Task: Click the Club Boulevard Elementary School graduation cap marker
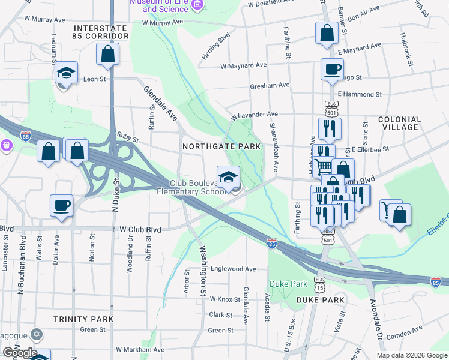tap(228, 177)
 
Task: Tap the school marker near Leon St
tap(66, 73)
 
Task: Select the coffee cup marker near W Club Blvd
tap(61, 206)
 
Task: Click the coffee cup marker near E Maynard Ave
tap(331, 70)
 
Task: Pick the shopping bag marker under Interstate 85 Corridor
tap(107, 54)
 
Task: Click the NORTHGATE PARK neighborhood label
tap(222, 146)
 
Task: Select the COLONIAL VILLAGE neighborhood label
tap(399, 123)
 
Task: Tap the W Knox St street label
tap(220, 299)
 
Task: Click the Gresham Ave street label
tap(270, 85)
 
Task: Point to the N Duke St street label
tap(116, 193)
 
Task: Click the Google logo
tap(20, 353)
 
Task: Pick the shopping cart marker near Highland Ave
tap(324, 165)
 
